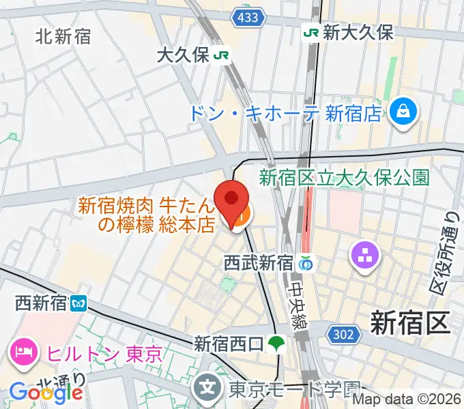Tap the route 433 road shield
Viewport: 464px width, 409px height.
point(247,17)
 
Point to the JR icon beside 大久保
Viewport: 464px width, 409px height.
point(220,55)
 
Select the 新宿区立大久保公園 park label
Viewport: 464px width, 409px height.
point(344,178)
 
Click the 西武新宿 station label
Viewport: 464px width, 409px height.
point(259,263)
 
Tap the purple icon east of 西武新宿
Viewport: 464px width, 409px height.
point(361,256)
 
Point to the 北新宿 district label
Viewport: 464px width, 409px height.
point(63,37)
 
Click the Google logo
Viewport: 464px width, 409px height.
point(46,393)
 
